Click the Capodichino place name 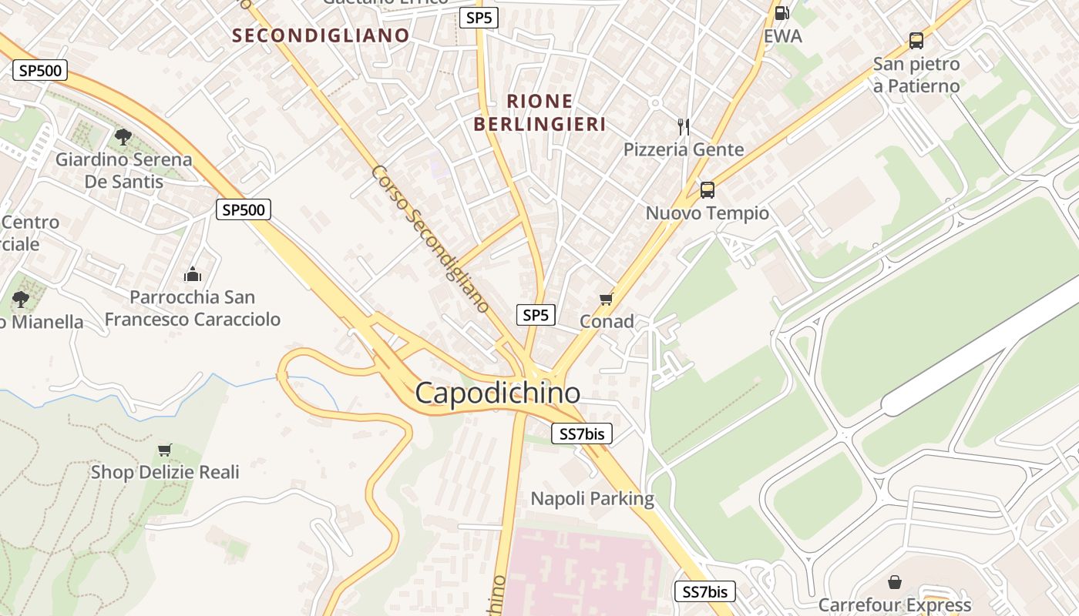point(497,393)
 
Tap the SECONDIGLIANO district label point(321,35)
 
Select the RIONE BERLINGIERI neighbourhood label point(539,112)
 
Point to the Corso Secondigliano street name point(430,239)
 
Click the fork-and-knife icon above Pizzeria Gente point(683,126)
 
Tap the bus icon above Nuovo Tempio point(707,189)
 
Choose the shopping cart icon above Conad point(606,299)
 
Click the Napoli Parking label point(592,498)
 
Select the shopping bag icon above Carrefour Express point(894,581)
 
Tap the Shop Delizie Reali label point(165,472)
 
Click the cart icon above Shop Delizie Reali point(164,450)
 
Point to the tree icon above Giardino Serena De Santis point(123,137)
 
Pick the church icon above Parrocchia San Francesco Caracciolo point(192,273)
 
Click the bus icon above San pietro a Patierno point(916,41)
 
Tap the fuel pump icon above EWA point(782,12)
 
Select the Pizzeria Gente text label point(684,149)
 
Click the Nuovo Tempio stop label point(707,213)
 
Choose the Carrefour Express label point(894,604)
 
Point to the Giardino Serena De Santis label point(123,170)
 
